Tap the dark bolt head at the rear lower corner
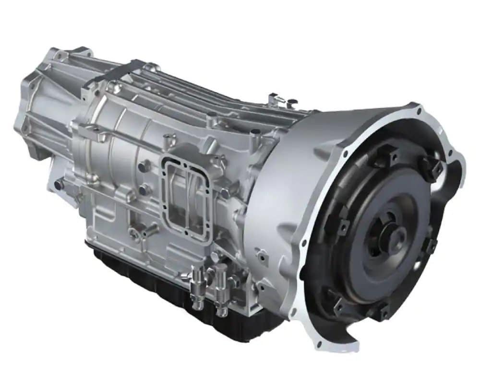point(59,184)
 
